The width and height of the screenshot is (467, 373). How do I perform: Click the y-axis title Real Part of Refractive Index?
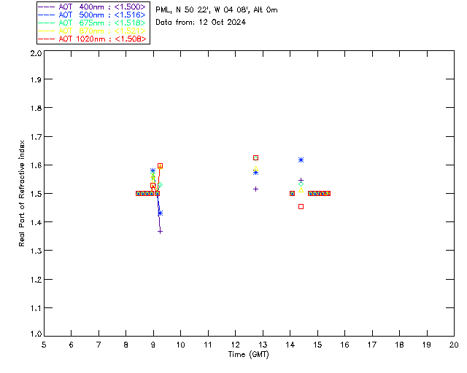23,193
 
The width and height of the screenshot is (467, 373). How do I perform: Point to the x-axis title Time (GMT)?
249,355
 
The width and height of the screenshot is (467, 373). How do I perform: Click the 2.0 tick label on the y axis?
35,54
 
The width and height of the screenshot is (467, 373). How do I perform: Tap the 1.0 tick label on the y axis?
35,336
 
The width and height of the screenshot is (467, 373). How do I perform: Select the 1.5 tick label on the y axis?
35,194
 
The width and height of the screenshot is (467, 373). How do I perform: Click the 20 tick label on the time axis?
454,344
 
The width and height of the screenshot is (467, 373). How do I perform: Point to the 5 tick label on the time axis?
44,344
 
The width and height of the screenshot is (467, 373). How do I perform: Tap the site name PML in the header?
163,10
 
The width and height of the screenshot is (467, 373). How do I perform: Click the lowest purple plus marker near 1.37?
160,231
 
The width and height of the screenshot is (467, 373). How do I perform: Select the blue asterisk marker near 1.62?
301,160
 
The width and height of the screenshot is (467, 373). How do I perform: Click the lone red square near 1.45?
301,206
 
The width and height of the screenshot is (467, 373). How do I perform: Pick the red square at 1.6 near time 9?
160,165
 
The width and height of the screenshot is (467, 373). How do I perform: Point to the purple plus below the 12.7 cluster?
255,189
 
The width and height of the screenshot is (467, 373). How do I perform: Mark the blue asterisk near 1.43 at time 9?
160,213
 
